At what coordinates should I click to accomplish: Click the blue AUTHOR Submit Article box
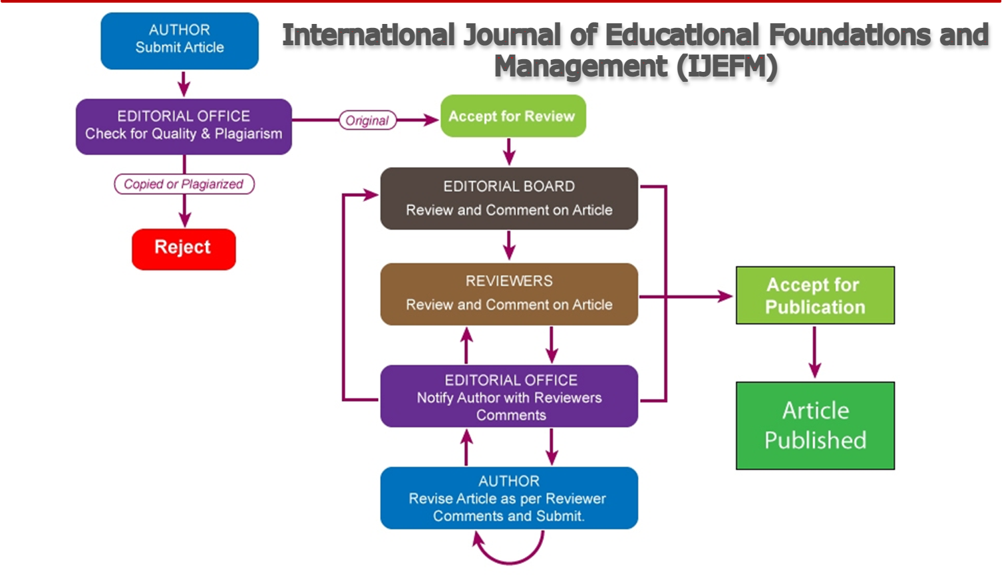coord(180,40)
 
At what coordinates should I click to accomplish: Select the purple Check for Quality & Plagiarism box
coord(184,126)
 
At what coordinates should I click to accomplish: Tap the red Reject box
coord(184,249)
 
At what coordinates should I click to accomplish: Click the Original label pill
coord(367,120)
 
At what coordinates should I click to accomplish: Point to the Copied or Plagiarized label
coord(184,184)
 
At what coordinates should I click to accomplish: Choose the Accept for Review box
coord(512,116)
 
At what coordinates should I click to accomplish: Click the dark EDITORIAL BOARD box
coord(509,198)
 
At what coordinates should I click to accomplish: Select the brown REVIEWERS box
coord(509,293)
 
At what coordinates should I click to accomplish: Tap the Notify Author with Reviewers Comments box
coord(509,396)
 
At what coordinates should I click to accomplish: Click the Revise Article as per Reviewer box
coord(509,498)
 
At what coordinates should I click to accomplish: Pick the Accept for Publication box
coord(815,295)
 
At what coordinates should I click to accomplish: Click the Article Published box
coord(815,426)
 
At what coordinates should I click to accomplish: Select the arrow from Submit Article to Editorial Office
coord(184,84)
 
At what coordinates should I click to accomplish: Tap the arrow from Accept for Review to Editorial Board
coord(509,152)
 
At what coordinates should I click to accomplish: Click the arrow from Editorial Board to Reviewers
coord(509,245)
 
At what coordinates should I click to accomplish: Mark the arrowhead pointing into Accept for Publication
coord(725,296)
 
